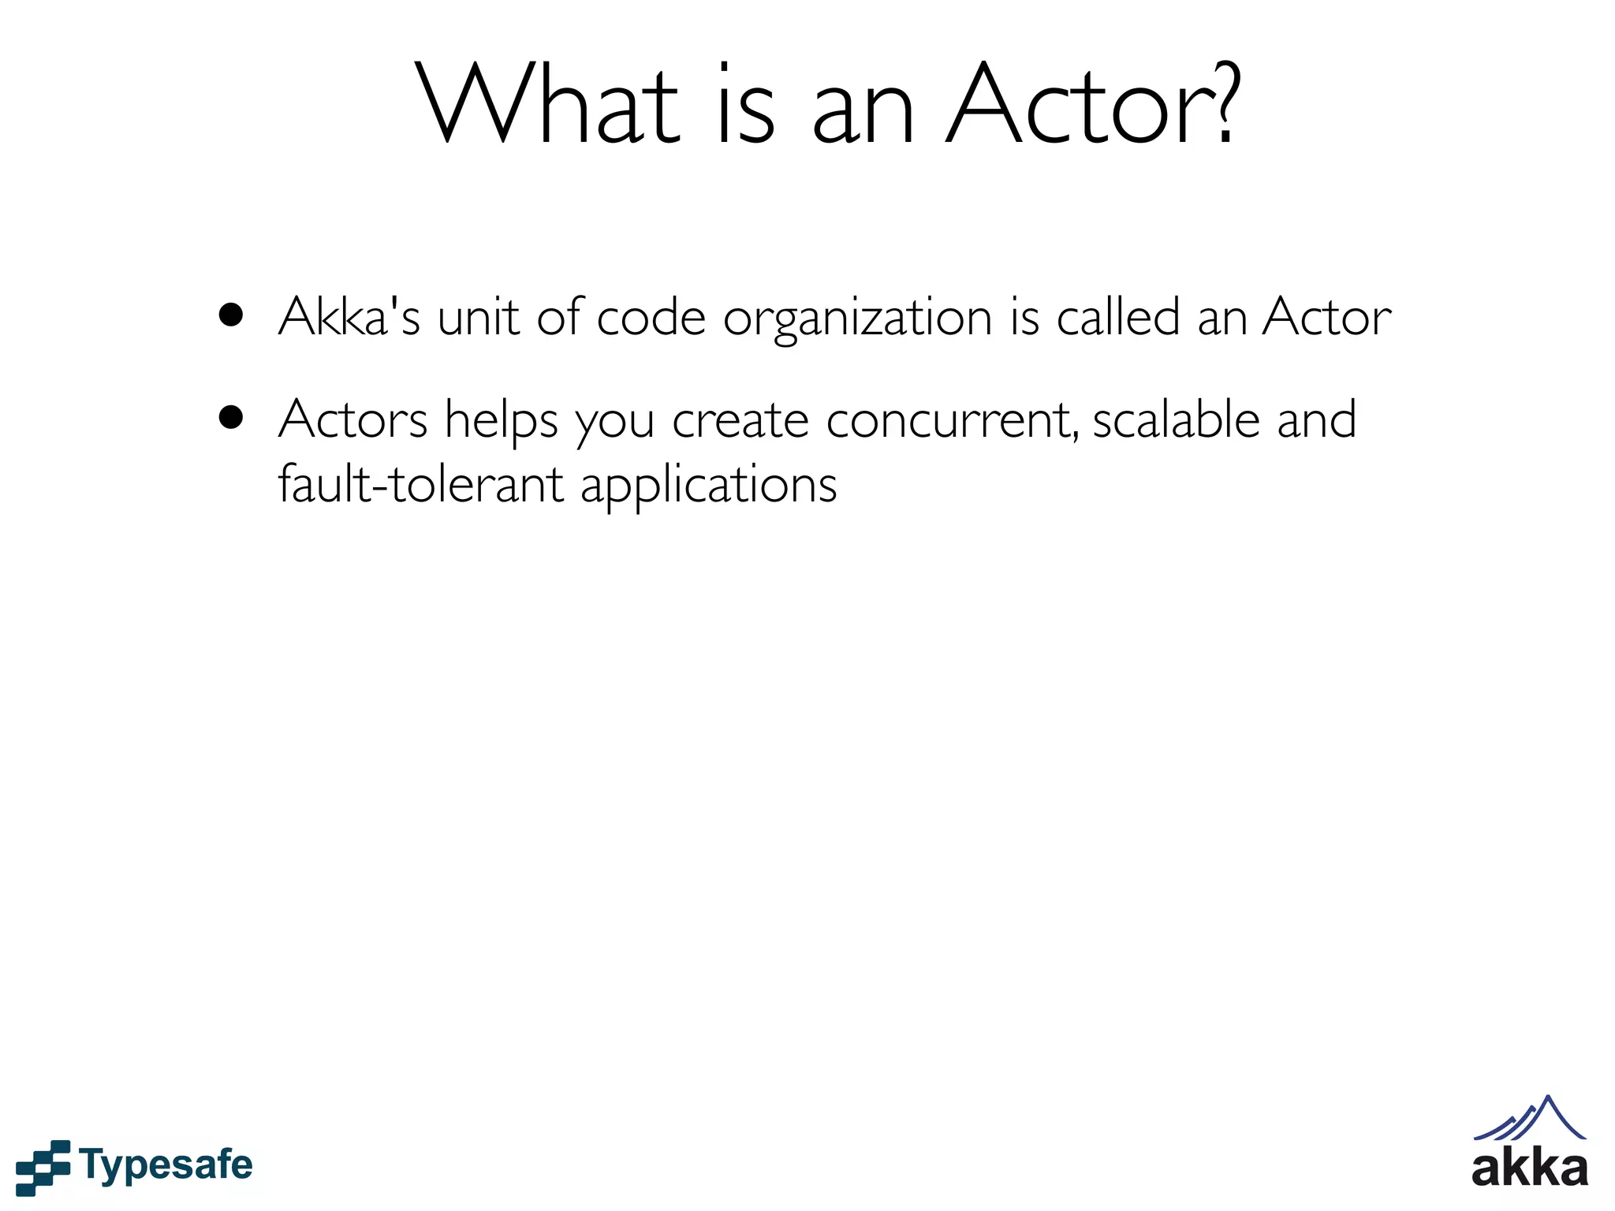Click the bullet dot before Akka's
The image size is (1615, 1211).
(x=231, y=315)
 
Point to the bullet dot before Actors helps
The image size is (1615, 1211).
(x=231, y=417)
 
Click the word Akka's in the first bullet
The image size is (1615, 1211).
(x=349, y=317)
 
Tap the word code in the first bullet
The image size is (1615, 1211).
(x=651, y=317)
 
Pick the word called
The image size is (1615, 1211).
(x=1117, y=317)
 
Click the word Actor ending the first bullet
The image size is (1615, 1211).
(x=1326, y=317)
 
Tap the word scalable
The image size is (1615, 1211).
(x=1176, y=419)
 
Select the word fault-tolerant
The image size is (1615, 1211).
(x=420, y=483)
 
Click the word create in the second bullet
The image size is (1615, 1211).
(x=740, y=420)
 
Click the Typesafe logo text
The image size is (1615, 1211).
(x=166, y=1165)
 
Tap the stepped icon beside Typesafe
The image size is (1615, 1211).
(x=43, y=1167)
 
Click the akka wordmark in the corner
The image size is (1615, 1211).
(x=1529, y=1168)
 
